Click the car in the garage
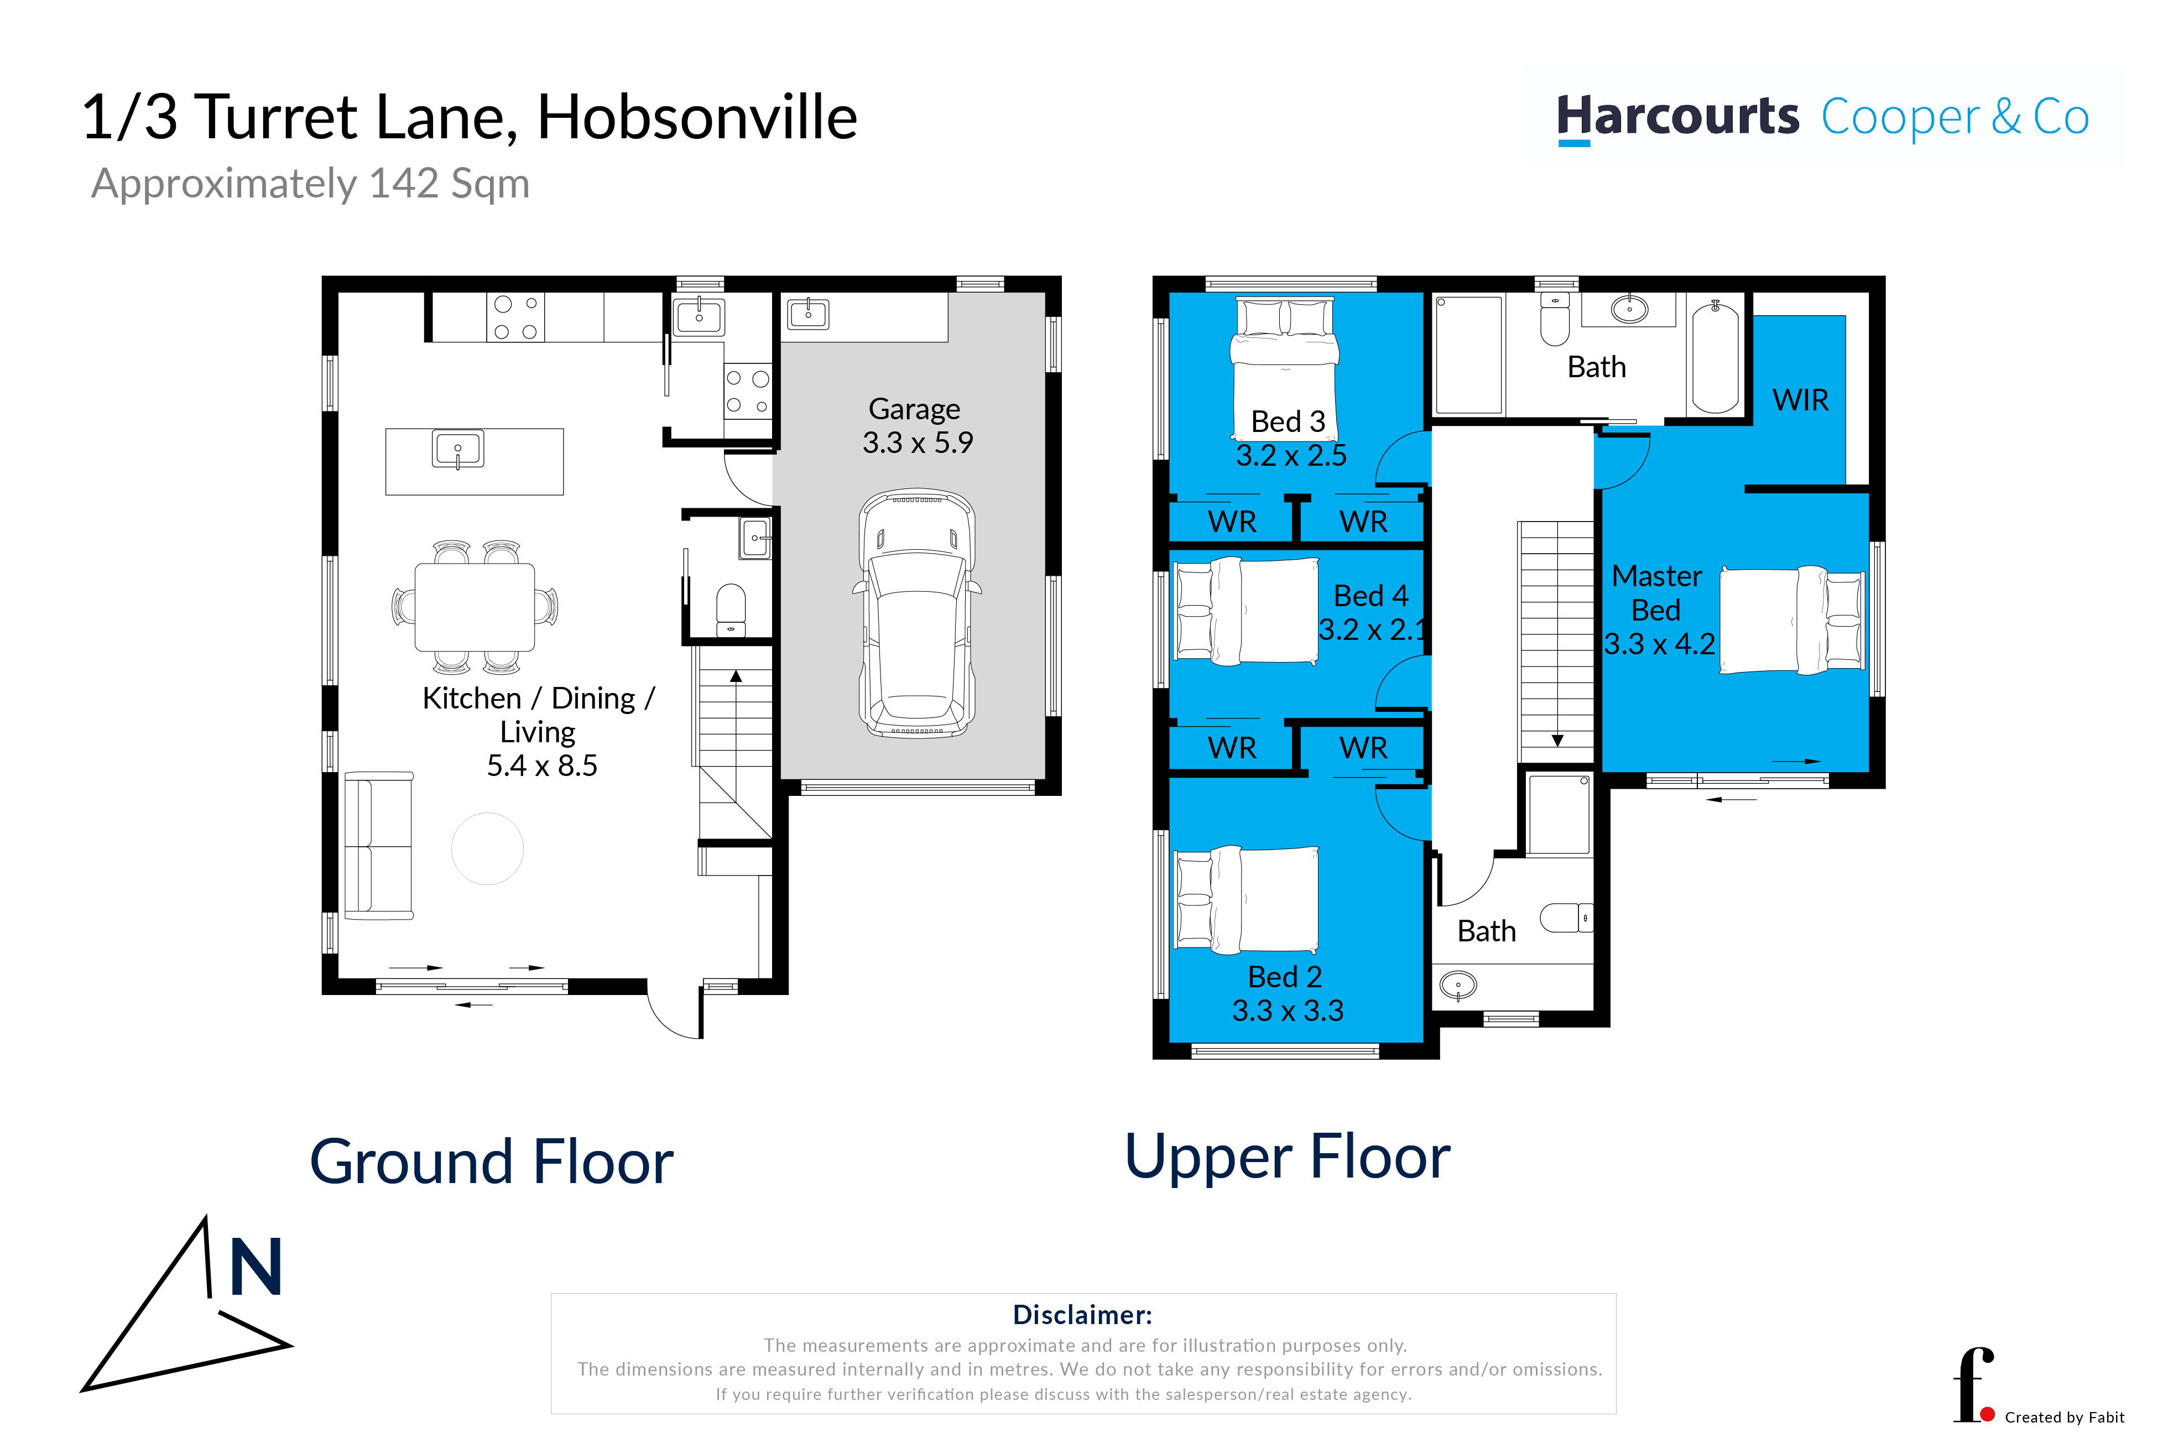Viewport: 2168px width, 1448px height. pyautogui.click(x=917, y=613)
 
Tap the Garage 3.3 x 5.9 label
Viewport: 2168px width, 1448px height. pyautogui.click(x=917, y=426)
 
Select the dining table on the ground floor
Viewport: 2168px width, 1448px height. pyautogui.click(x=475, y=607)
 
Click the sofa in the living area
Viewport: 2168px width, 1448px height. pyautogui.click(x=378, y=846)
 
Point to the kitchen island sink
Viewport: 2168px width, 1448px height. pyautogui.click(x=458, y=450)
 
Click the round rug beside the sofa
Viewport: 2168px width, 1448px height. pyautogui.click(x=487, y=848)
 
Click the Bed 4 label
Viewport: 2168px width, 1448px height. pyautogui.click(x=1371, y=596)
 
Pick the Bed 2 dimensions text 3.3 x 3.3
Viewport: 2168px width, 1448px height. pyautogui.click(x=1288, y=1011)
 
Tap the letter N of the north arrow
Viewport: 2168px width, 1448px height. pyautogui.click(x=256, y=1267)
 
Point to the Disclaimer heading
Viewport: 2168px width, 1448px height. pyautogui.click(x=1082, y=1315)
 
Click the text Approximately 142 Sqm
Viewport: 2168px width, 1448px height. pyautogui.click(x=310, y=184)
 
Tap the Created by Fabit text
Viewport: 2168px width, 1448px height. pyautogui.click(x=2065, y=1418)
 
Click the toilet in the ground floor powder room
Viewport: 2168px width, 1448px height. pyautogui.click(x=731, y=610)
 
